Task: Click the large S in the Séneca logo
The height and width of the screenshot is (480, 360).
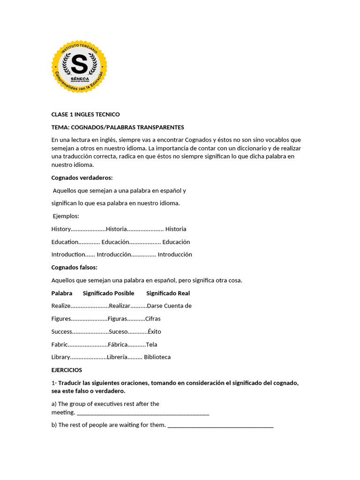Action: pyautogui.click(x=79, y=64)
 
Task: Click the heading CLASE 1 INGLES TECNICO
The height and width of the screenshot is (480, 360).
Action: pyautogui.click(x=85, y=114)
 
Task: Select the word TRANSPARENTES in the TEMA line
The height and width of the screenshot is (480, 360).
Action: pyautogui.click(x=160, y=127)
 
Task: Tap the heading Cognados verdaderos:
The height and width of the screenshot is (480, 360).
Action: pyautogui.click(x=82, y=178)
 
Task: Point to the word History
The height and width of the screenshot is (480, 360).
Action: pyautogui.click(x=61, y=229)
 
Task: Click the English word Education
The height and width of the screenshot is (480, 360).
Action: pyautogui.click(x=65, y=242)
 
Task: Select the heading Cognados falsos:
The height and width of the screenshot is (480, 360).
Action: pyautogui.click(x=74, y=267)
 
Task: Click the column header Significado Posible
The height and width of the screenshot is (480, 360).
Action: pyautogui.click(x=108, y=293)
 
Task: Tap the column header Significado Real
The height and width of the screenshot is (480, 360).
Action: pyautogui.click(x=168, y=293)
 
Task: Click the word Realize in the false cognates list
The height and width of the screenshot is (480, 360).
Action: pyautogui.click(x=61, y=306)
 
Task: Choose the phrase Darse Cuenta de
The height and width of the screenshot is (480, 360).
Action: pyautogui.click(x=169, y=306)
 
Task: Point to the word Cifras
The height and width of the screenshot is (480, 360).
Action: pyautogui.click(x=153, y=319)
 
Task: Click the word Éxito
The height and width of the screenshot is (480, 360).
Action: pyautogui.click(x=154, y=331)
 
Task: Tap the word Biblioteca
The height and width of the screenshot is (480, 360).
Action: pyautogui.click(x=157, y=357)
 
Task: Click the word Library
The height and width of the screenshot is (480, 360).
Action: pyautogui.click(x=60, y=357)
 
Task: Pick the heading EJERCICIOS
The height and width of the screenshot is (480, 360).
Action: pyautogui.click(x=67, y=370)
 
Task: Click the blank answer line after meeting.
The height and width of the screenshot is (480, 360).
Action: pyautogui.click(x=142, y=413)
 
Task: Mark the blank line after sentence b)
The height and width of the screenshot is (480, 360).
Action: pyautogui.click(x=220, y=425)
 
